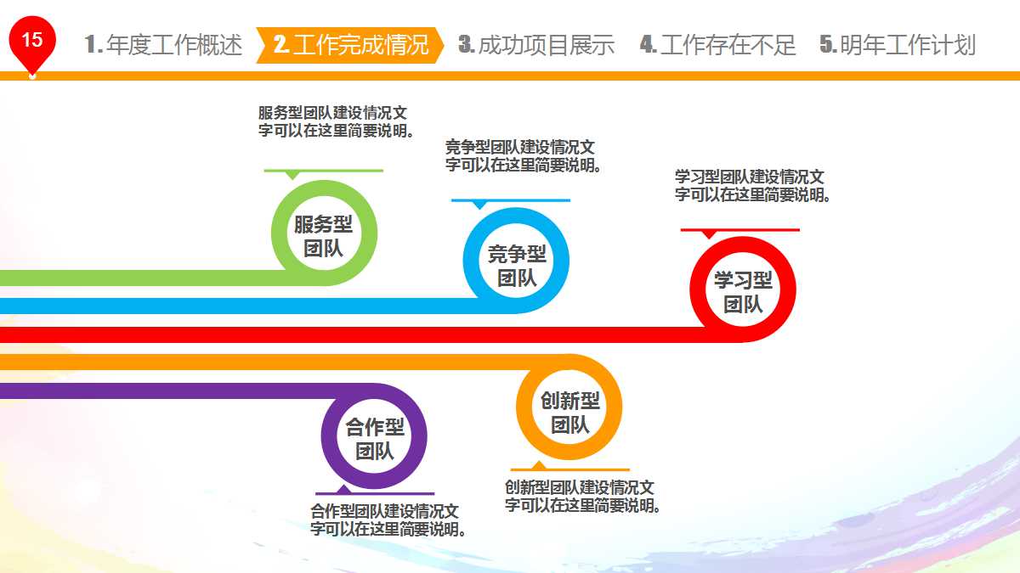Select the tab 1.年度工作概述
coord(164,45)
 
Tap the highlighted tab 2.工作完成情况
coord(350,45)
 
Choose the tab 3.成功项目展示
coord(536,45)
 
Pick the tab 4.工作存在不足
coord(718,45)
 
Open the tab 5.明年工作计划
coord(898,45)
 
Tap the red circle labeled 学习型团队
coord(743,291)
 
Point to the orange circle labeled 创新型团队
coord(569,412)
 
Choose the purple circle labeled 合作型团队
coord(374,438)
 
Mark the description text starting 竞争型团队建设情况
coord(524,155)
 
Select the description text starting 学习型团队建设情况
coord(753,185)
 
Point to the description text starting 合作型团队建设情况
coord(388,520)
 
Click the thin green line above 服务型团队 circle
coord(323,171)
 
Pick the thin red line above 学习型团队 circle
coord(739,230)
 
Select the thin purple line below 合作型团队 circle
coord(374,493)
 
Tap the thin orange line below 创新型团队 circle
coord(569,469)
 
